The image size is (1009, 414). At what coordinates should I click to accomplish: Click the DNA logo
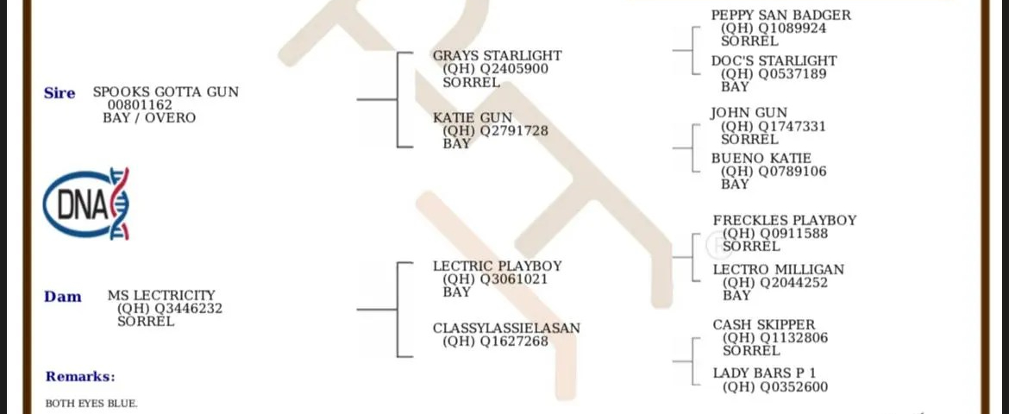point(86,204)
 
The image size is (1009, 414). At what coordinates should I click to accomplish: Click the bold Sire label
point(60,93)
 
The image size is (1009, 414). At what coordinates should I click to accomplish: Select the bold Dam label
point(63,297)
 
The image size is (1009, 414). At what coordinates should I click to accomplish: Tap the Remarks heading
point(80,377)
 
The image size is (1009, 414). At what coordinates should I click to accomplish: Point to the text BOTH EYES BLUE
point(91,404)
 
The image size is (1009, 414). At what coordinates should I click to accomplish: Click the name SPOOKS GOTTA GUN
point(166,92)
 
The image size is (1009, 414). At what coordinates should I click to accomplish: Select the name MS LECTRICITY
point(161,296)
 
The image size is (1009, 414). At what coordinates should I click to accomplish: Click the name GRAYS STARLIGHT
point(497,56)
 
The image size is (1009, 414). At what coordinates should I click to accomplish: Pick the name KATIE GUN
point(473,118)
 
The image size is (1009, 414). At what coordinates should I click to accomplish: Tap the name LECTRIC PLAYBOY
point(497,267)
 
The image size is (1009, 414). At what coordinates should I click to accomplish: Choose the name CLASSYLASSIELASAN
point(506,329)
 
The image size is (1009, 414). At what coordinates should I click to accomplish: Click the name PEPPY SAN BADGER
point(780,16)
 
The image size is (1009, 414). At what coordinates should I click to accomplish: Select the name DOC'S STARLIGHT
point(774,61)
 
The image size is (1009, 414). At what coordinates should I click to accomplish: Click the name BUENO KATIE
point(761,159)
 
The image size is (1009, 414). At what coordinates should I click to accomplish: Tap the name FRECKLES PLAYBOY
point(785,221)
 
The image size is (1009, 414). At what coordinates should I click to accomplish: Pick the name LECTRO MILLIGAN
point(778,270)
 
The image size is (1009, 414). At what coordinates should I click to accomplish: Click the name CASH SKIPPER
point(763,325)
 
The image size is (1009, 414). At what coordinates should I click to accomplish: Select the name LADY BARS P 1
point(764,373)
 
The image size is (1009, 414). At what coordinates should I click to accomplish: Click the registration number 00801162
point(139,105)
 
